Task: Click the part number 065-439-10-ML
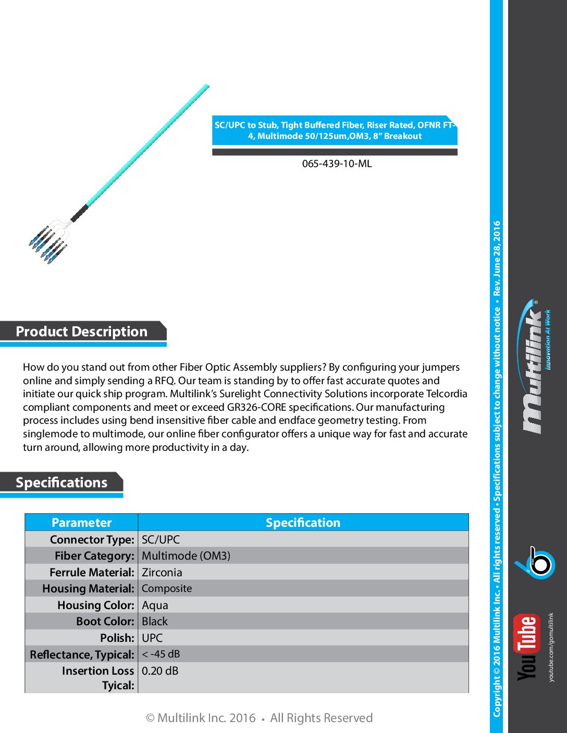(337, 163)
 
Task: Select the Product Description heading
(82, 332)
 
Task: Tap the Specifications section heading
(61, 483)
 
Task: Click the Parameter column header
(81, 523)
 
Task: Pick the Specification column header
(303, 523)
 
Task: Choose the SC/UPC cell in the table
(161, 539)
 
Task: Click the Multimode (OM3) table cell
(186, 555)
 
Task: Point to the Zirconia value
(162, 572)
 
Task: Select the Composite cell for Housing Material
(167, 588)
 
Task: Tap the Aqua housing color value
(155, 605)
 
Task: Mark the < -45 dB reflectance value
(161, 654)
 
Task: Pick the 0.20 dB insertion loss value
(160, 671)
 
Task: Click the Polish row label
(117, 638)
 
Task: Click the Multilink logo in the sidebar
(534, 367)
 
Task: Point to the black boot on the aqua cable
(79, 213)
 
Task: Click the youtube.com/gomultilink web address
(551, 647)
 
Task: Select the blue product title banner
(335, 130)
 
